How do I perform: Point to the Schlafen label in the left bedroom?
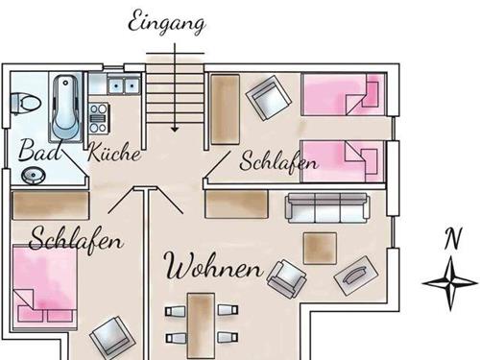tap(77, 237)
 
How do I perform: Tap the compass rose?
tap(450, 280)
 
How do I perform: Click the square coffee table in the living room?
tap(320, 248)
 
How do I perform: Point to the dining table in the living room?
tap(201, 324)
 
